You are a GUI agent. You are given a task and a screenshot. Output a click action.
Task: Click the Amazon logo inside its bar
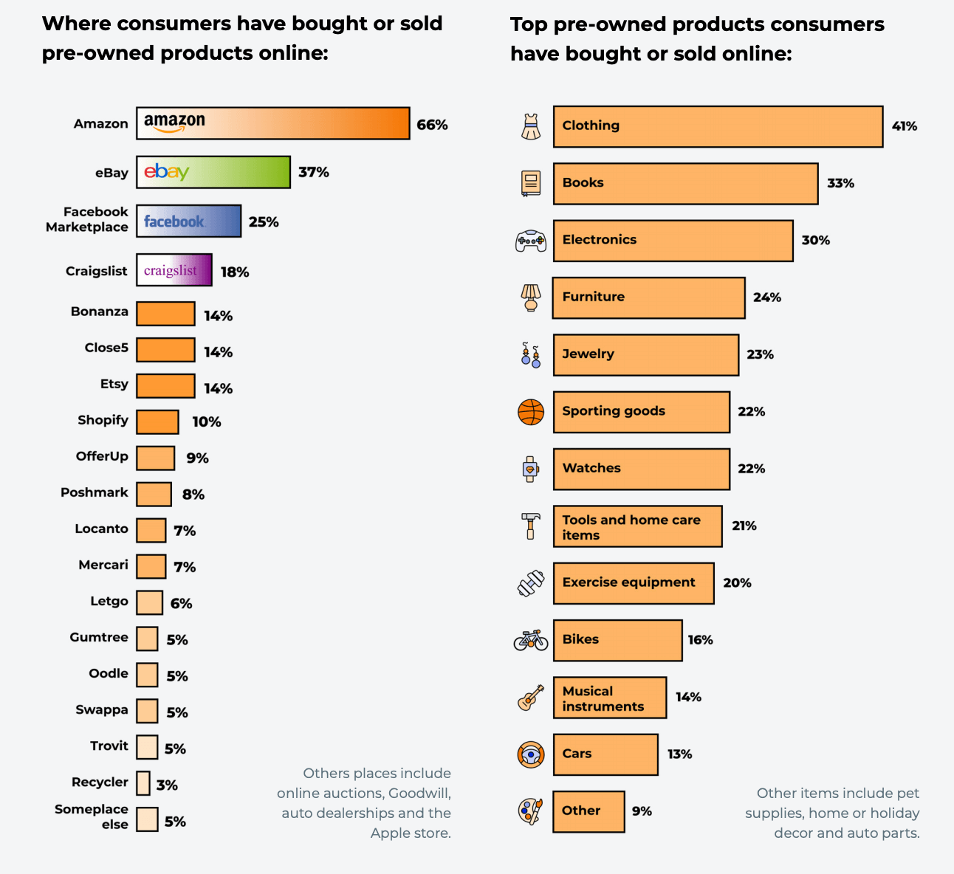coord(174,123)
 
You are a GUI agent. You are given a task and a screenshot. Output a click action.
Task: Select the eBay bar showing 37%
coord(213,172)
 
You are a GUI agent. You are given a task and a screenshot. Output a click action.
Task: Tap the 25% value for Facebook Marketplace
coord(264,222)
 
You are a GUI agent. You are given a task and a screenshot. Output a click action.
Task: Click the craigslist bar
coord(174,270)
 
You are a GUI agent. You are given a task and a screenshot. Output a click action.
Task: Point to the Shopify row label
coord(103,420)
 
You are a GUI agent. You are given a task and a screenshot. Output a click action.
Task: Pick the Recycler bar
coord(143,783)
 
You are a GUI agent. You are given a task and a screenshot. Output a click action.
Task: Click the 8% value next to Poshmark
coord(193,495)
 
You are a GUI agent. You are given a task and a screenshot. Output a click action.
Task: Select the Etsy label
coord(114,384)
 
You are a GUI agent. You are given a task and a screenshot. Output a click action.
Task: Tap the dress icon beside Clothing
coord(531,127)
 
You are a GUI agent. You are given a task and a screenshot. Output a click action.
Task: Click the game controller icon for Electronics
coord(531,241)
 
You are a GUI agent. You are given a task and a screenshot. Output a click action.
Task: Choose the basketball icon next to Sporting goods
coord(531,412)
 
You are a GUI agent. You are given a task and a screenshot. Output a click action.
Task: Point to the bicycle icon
coord(531,639)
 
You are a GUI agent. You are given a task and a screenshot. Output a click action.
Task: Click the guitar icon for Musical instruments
coord(531,697)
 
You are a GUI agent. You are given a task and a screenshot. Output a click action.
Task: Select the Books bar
coord(685,183)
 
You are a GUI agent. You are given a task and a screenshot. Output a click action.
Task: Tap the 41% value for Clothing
coord(905,126)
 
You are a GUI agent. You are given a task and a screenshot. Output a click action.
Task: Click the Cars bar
coord(605,754)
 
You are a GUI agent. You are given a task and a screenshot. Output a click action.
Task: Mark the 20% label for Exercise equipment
coord(737,583)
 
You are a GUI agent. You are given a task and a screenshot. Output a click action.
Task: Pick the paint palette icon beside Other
coord(530,811)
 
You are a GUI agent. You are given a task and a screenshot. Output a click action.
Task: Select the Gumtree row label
coord(99,637)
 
